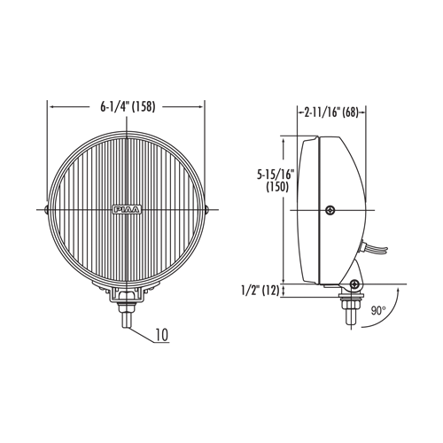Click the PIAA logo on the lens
[x=127, y=209]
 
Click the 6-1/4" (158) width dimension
[x=128, y=107]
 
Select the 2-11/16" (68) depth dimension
[x=331, y=113]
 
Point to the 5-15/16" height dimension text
[x=276, y=175]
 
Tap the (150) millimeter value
[x=277, y=187]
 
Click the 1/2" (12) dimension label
[x=260, y=291]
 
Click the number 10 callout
[x=162, y=335]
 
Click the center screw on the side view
[x=330, y=210]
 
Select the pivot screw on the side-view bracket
[x=354, y=284]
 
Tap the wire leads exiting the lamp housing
[x=374, y=250]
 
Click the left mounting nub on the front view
[x=46, y=210]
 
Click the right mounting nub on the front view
[x=207, y=210]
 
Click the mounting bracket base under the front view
[x=127, y=295]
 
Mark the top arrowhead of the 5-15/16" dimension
[x=284, y=141]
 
